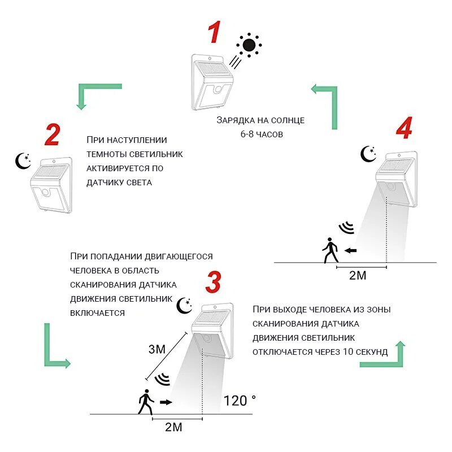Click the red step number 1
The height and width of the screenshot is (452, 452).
click(215, 32)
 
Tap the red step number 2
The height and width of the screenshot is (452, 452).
click(53, 134)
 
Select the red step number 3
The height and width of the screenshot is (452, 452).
click(214, 281)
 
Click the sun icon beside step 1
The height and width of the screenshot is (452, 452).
click(249, 45)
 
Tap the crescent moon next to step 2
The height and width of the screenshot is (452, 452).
click(23, 161)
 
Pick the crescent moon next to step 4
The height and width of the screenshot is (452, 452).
click(368, 154)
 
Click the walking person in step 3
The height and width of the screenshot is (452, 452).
click(146, 402)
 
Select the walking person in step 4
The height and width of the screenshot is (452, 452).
click(331, 250)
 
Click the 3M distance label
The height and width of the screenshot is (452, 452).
click(157, 349)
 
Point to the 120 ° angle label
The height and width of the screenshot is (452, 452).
click(240, 400)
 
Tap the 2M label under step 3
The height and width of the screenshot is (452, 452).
click(173, 427)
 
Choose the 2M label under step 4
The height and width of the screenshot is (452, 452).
click(358, 275)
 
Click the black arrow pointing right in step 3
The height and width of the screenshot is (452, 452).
click(166, 402)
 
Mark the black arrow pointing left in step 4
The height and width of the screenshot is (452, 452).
click(350, 250)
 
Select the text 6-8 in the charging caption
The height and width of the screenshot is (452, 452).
click(246, 134)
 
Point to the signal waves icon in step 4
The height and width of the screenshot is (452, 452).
click(346, 228)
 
